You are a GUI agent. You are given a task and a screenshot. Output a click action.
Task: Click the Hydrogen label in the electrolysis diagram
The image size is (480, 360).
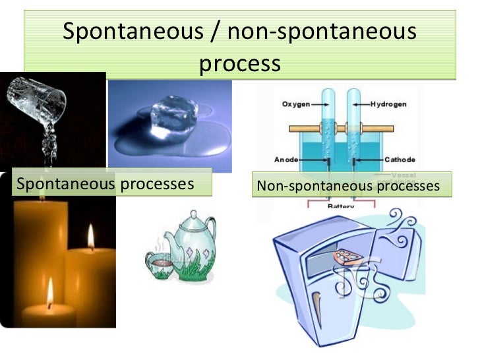point(388,104)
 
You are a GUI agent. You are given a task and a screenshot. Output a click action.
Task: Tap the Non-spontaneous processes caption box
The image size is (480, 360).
point(352,186)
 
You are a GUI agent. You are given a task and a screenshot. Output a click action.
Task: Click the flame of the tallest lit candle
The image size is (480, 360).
point(90,237)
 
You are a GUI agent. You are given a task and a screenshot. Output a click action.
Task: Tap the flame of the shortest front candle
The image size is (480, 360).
point(50,291)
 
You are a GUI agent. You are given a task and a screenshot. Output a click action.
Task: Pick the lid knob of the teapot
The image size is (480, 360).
point(192,216)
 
